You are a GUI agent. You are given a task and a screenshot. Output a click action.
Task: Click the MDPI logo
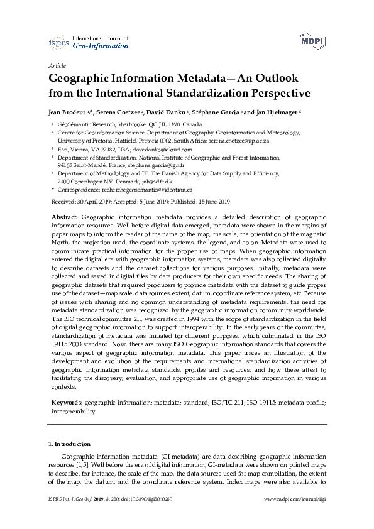click(311, 41)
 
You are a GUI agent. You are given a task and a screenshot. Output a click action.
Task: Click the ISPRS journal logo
click(89, 42)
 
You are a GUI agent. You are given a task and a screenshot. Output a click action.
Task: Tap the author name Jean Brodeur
click(67, 112)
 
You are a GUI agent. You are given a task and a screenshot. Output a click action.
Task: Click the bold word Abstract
click(65, 215)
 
